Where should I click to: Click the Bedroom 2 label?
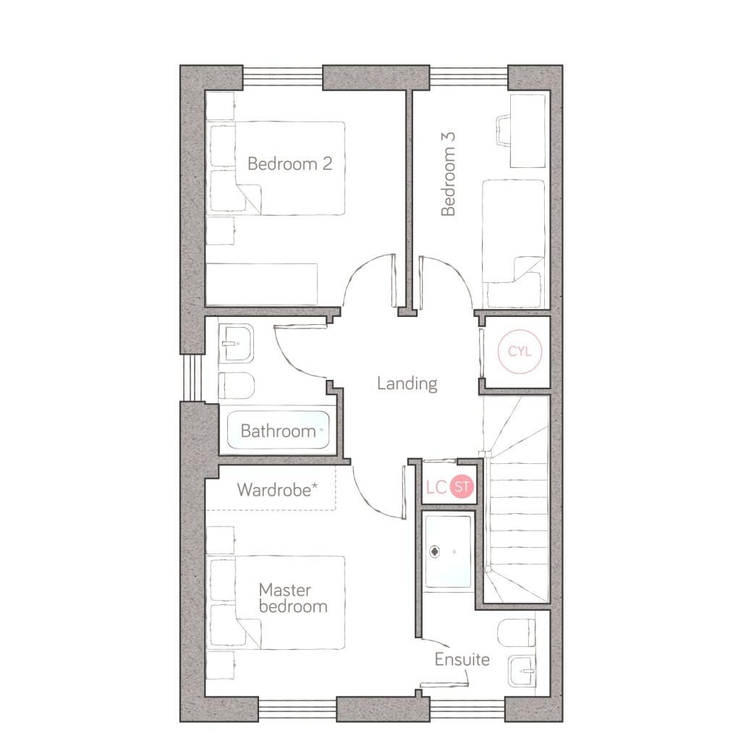coord(289,164)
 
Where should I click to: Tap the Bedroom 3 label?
coord(448,174)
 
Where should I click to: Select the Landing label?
coord(407,384)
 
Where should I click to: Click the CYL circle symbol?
coord(520,351)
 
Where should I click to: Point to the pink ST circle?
coord(462,486)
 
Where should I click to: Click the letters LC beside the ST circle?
coord(436,487)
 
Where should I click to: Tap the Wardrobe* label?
coord(277,490)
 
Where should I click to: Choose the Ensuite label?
coord(462,659)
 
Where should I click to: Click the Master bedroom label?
coord(293,598)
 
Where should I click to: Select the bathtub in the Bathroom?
coord(278,430)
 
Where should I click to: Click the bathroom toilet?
coord(237,385)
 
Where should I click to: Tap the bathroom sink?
coord(237,343)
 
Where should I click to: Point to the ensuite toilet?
coord(517,632)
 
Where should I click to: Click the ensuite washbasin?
coord(522,671)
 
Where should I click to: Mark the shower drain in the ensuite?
coord(435,551)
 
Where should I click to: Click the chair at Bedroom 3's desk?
coord(503,130)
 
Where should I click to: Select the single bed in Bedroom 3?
coord(513,244)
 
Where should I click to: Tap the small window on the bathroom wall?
coord(192,376)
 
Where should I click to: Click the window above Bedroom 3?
coord(468,77)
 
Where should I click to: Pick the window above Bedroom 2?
coord(283,77)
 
